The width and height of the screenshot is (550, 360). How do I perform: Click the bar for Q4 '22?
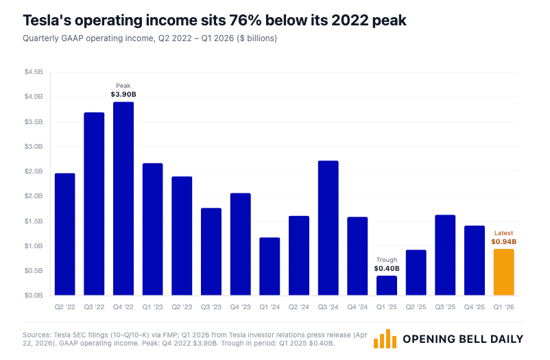(123, 199)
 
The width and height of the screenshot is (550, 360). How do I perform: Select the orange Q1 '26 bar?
(503, 272)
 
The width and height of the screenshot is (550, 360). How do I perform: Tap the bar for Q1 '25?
(386, 285)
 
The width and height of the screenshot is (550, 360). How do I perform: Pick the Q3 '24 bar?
(328, 228)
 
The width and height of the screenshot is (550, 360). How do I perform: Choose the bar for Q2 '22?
(64, 234)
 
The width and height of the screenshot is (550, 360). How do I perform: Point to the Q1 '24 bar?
(270, 266)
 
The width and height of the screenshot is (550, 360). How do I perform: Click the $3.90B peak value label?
(123, 94)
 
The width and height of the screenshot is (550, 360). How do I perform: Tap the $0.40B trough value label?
(386, 268)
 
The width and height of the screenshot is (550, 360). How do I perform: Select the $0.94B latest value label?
(503, 241)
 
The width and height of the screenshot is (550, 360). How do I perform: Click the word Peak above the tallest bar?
(123, 86)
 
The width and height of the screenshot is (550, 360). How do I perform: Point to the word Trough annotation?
(386, 260)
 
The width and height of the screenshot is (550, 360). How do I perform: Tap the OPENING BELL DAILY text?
(463, 339)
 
